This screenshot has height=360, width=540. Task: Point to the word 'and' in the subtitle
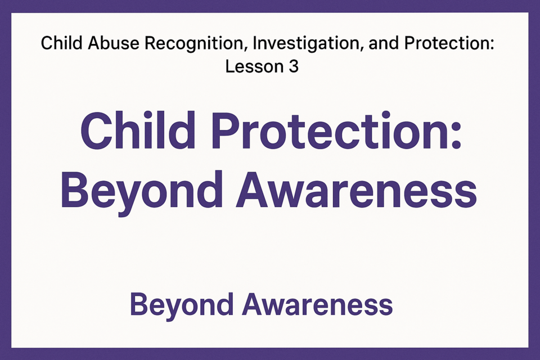click(384, 43)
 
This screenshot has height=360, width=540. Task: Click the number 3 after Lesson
click(294, 66)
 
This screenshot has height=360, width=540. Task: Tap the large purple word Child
click(138, 130)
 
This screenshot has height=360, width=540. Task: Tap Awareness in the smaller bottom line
click(317, 304)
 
